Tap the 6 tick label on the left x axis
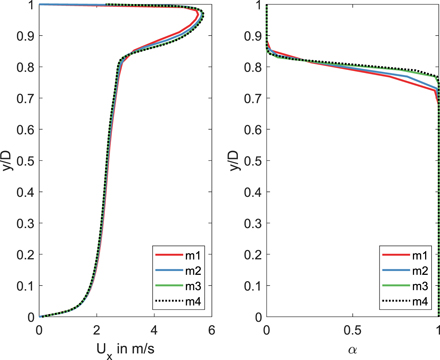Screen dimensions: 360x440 point(211,330)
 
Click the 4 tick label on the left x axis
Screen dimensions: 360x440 point(154,330)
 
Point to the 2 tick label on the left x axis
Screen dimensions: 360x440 point(96,330)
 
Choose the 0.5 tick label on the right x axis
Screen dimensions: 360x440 point(352,330)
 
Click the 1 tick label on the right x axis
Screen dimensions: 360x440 point(438,330)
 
